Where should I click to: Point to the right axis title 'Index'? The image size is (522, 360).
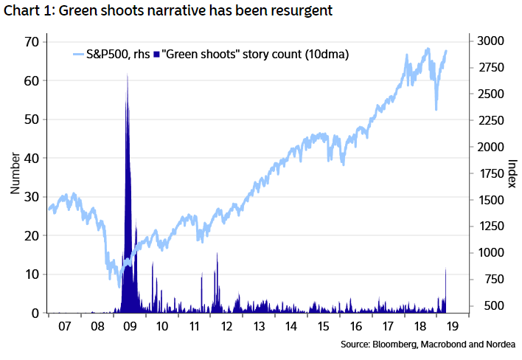(513, 173)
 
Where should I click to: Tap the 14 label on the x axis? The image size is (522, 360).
(293, 325)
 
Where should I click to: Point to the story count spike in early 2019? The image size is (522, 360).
(446, 270)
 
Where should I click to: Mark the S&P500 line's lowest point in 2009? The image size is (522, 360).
(119, 286)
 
